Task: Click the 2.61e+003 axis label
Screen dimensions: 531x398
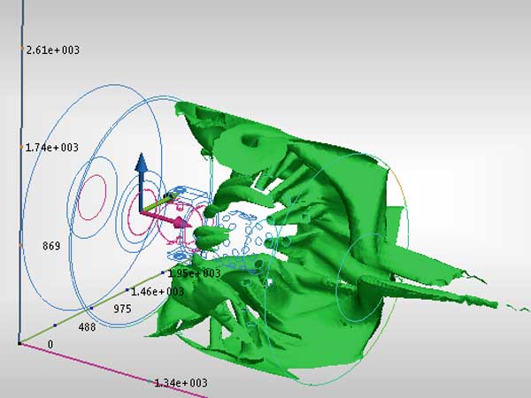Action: click(x=53, y=50)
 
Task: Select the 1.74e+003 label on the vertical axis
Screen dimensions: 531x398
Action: click(x=52, y=147)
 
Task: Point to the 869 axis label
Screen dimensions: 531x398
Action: click(x=51, y=246)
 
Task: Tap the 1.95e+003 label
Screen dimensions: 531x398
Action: click(x=194, y=273)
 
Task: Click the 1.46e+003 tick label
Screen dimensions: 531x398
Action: click(x=158, y=291)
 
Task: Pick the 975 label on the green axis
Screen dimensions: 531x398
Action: click(x=122, y=309)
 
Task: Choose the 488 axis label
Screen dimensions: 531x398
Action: click(x=87, y=327)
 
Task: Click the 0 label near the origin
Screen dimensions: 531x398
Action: click(x=50, y=344)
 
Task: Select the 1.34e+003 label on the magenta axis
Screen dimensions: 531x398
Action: click(x=181, y=383)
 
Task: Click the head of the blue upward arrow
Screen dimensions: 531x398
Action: click(x=142, y=162)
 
